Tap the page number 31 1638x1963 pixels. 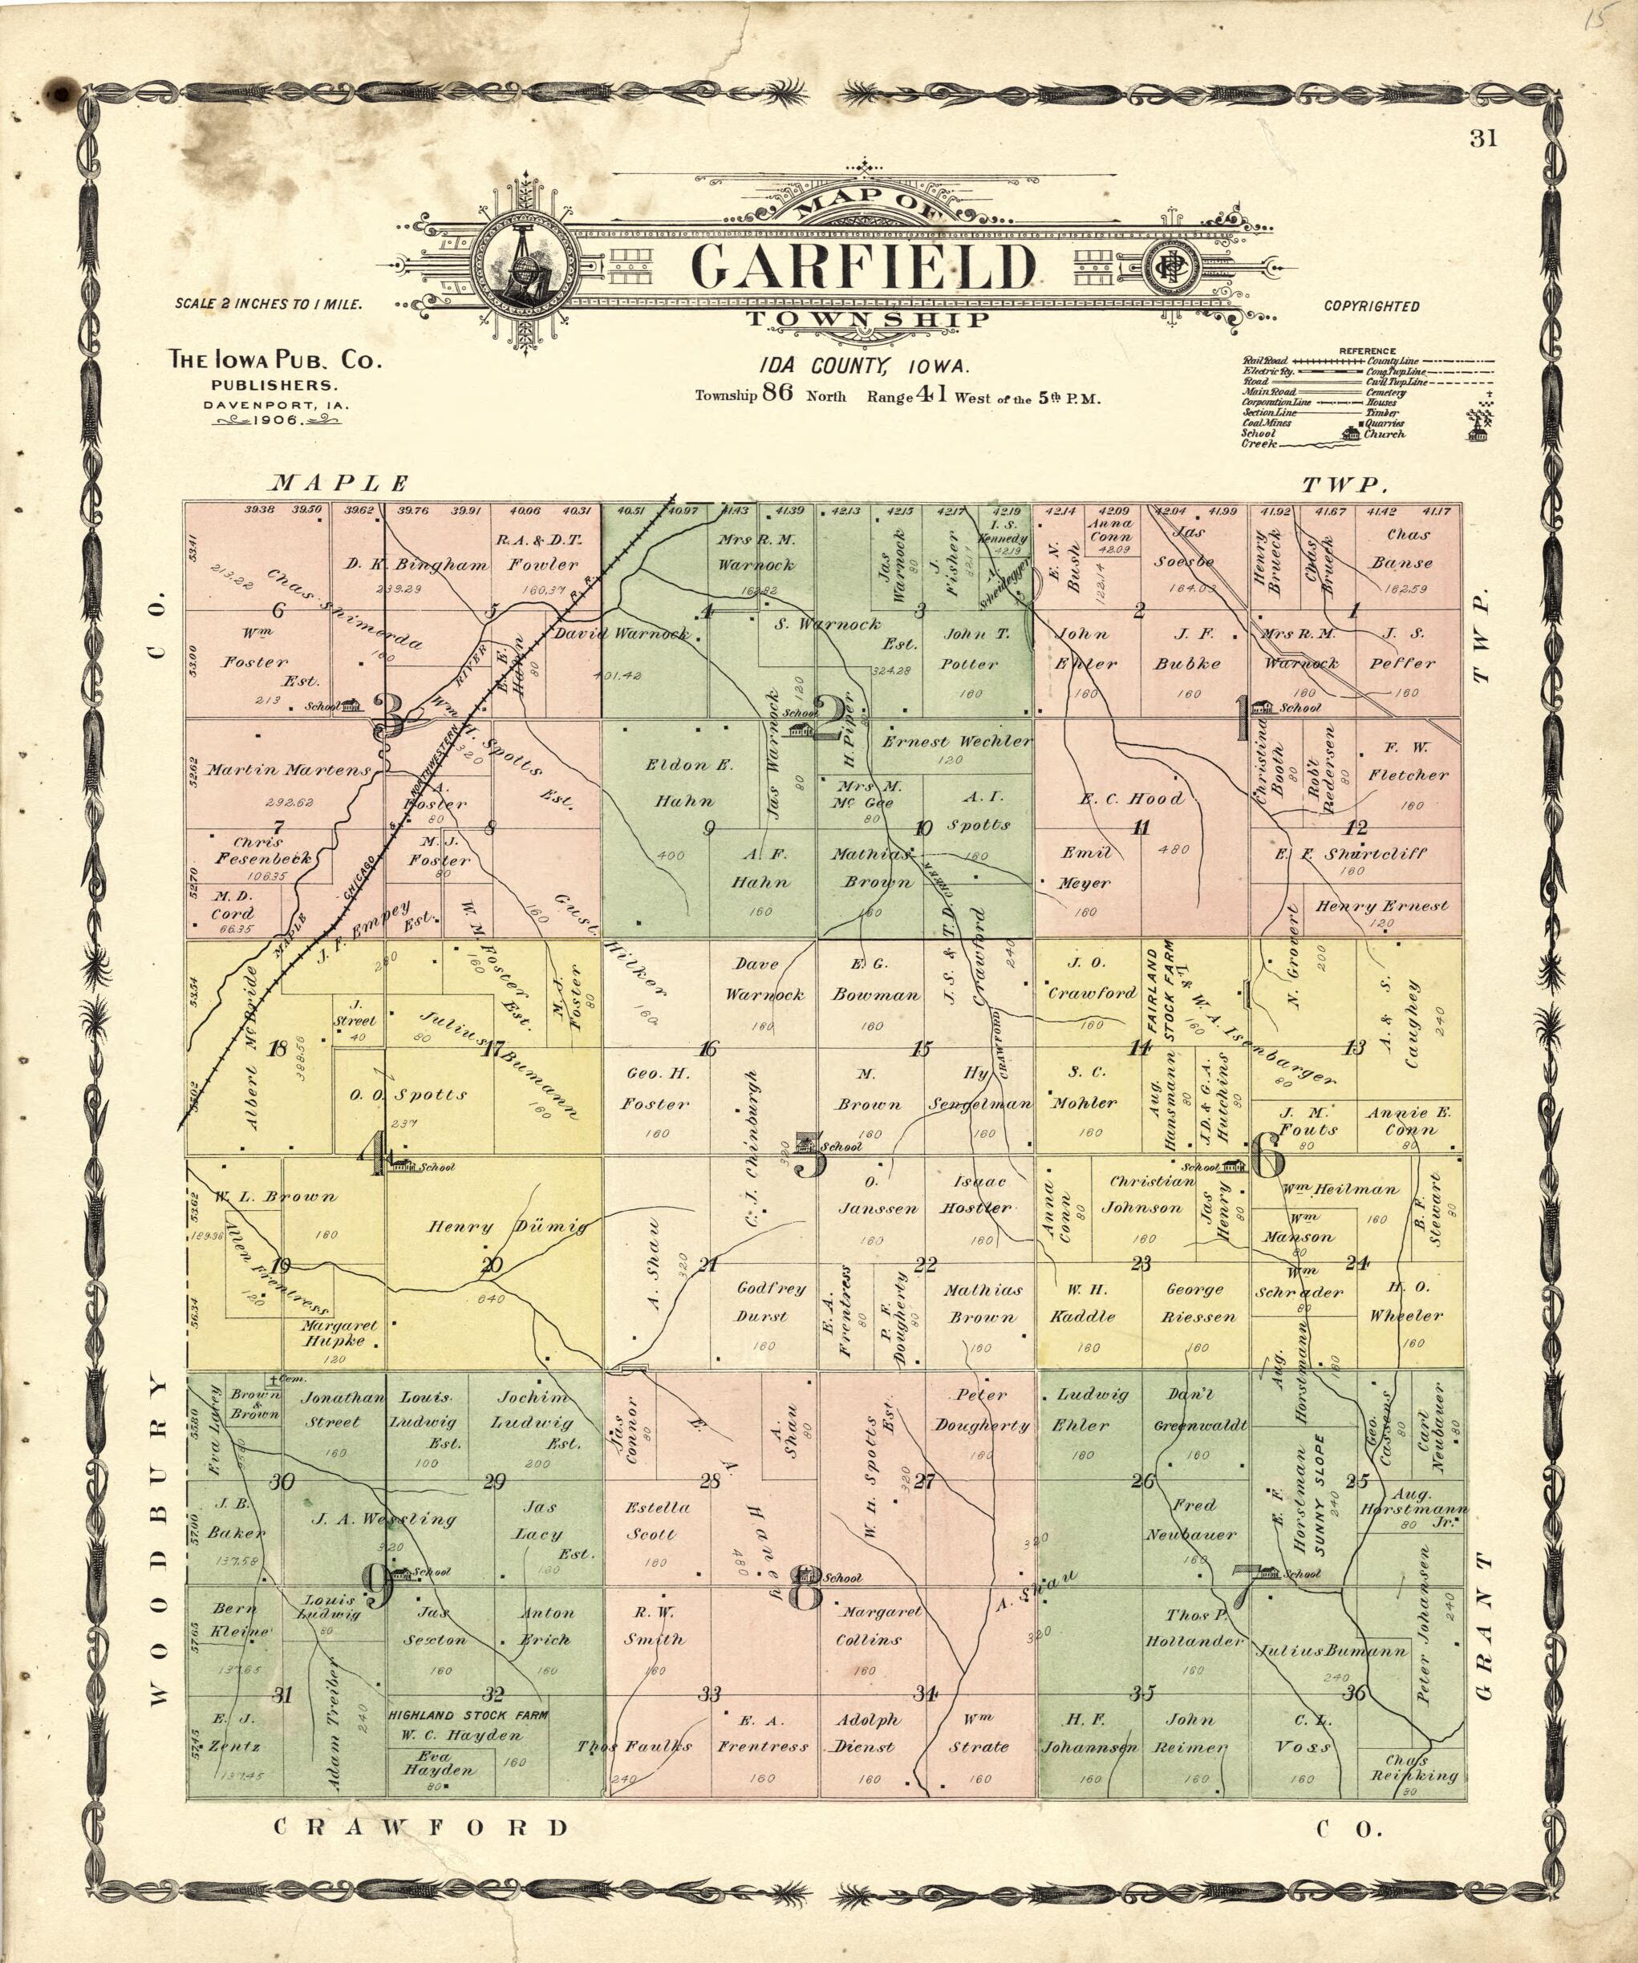[x=1483, y=140]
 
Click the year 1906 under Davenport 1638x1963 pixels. [x=273, y=421]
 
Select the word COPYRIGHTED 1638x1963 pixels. [x=1372, y=306]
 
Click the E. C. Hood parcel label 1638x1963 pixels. [x=1131, y=799]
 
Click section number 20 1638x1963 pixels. [x=492, y=1265]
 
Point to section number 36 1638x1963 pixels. [x=1355, y=1694]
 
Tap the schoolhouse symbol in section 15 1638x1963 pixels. [x=807, y=1143]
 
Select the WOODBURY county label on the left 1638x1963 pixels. [x=159, y=1539]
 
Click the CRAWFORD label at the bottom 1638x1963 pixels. [x=420, y=1827]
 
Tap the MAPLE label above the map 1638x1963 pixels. [x=339, y=484]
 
